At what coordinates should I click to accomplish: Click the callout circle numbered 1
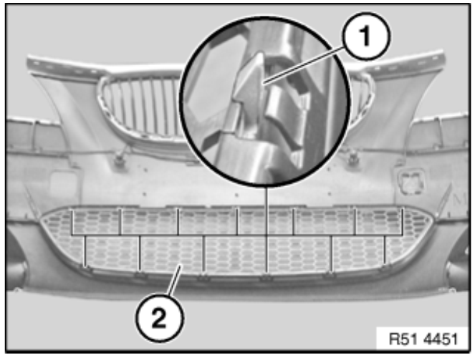(366, 37)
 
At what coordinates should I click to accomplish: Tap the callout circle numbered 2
(159, 318)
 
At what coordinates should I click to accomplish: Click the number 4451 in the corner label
(441, 339)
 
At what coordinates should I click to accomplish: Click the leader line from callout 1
(304, 64)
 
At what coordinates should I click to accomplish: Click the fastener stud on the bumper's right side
(352, 158)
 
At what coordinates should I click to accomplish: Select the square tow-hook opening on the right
(410, 181)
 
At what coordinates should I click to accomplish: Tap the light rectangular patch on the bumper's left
(64, 184)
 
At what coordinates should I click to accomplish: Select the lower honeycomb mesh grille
(237, 240)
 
